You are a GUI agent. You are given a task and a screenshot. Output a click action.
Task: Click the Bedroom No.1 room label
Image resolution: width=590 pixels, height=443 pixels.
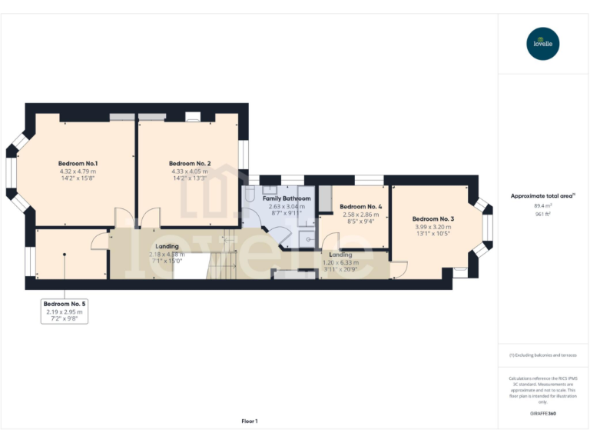click(78, 163)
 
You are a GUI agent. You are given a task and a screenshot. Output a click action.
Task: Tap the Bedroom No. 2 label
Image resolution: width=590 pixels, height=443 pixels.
click(190, 163)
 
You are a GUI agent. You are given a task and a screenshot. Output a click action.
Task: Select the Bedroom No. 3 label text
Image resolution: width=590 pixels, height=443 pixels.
click(433, 218)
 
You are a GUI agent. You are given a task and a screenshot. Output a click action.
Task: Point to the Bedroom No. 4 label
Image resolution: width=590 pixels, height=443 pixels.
click(360, 206)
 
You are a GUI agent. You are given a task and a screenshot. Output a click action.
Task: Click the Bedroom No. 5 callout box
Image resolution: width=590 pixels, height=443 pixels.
click(65, 311)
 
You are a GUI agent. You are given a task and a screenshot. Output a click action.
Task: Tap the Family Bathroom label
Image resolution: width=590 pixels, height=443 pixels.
click(286, 198)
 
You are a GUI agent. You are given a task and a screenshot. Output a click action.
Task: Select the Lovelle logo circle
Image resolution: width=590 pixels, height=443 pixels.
click(543, 43)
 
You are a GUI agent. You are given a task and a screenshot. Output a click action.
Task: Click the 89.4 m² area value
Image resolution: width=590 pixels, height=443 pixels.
click(542, 205)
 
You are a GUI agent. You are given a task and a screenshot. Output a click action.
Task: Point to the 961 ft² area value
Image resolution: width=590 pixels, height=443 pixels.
click(542, 215)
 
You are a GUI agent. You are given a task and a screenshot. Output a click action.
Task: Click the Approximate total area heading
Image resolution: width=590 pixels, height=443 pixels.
click(542, 196)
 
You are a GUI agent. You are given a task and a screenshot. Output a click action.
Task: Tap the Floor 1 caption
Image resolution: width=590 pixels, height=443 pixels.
click(250, 421)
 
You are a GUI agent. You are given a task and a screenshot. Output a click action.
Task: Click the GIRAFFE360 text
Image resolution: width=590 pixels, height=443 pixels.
click(542, 414)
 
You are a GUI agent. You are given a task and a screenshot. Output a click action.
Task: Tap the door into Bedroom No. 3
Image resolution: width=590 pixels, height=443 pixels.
click(398, 268)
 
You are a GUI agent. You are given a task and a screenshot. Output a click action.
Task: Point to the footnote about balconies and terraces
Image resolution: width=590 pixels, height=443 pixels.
click(542, 355)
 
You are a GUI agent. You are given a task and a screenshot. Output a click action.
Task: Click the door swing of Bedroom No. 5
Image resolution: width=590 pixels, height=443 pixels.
click(100, 241)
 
